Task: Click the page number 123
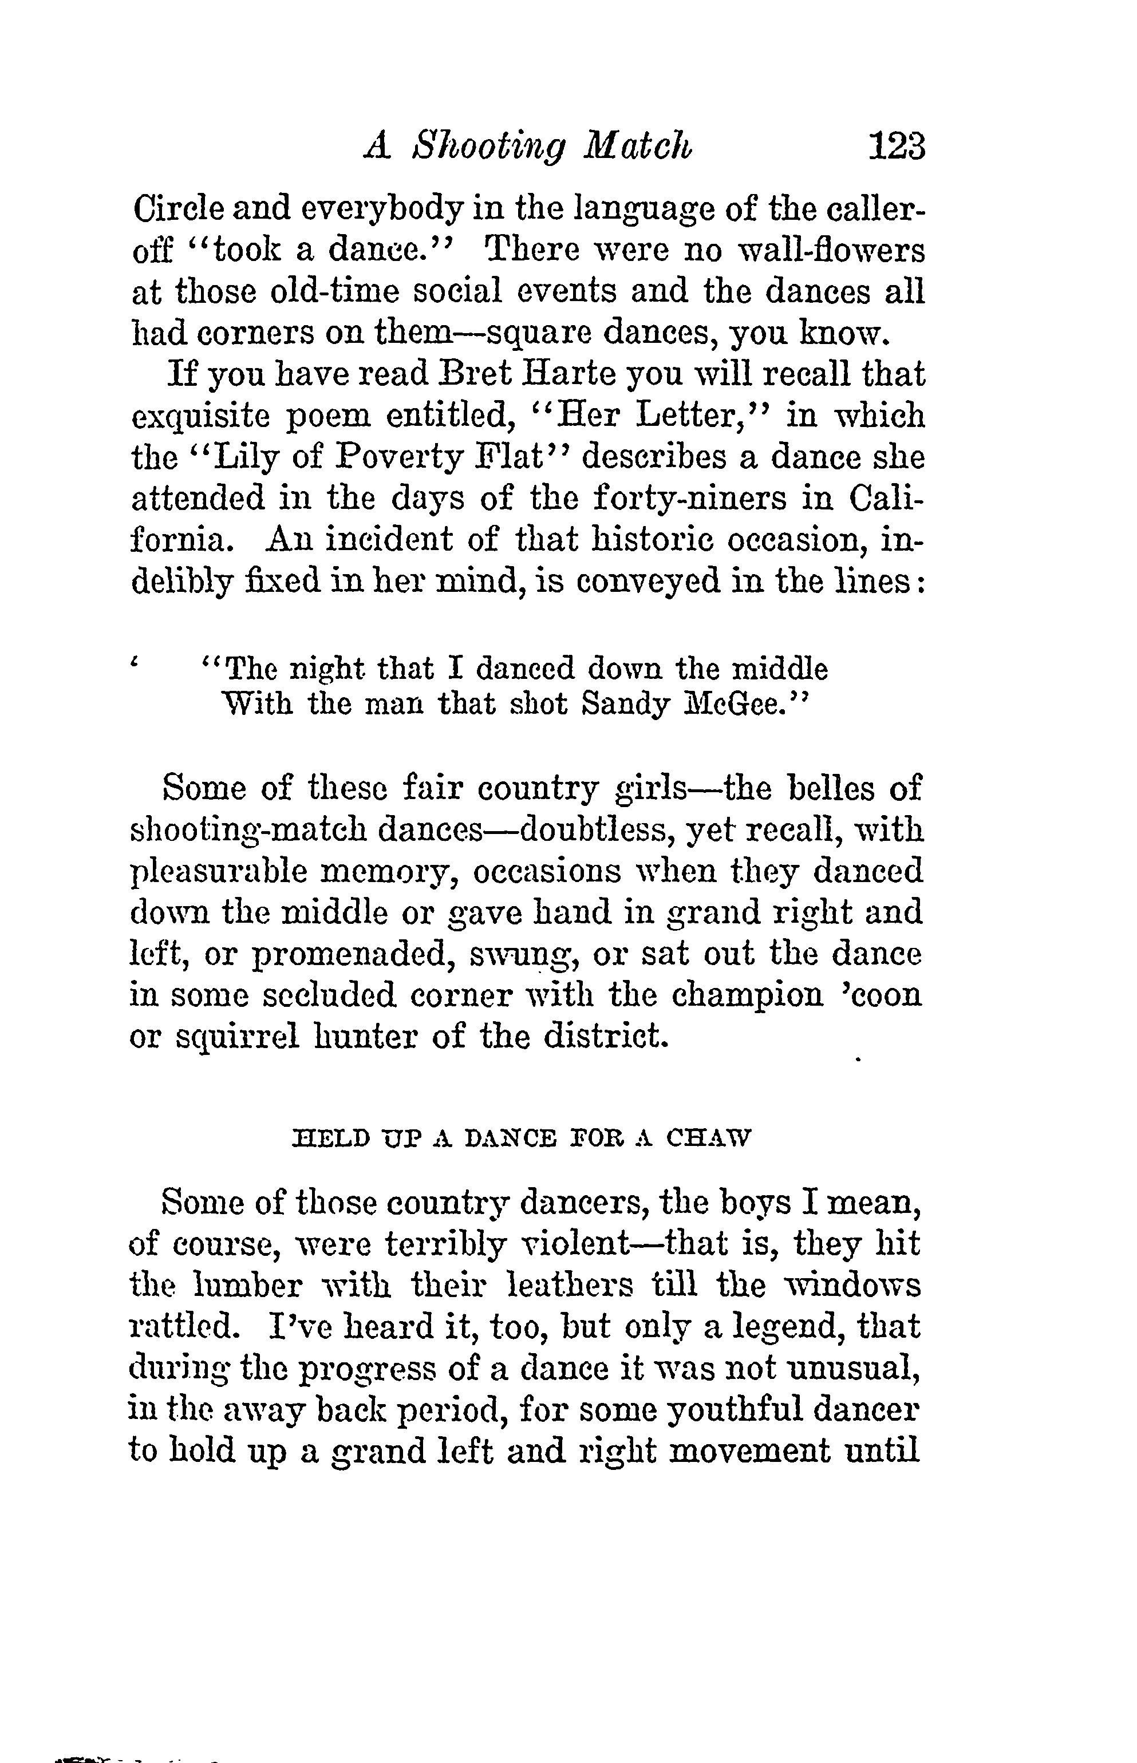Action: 895,145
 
